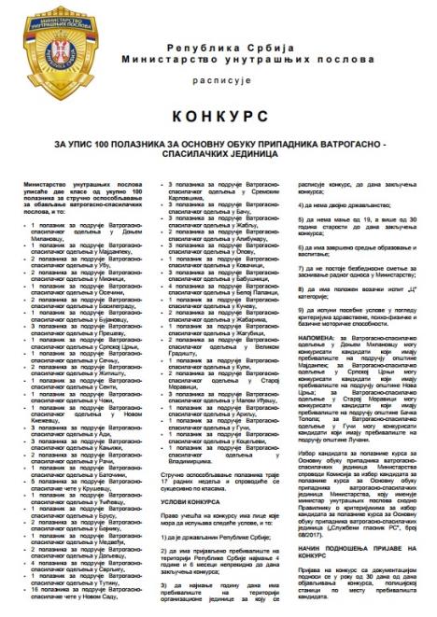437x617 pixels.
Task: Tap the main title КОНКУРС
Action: pos(218,119)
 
